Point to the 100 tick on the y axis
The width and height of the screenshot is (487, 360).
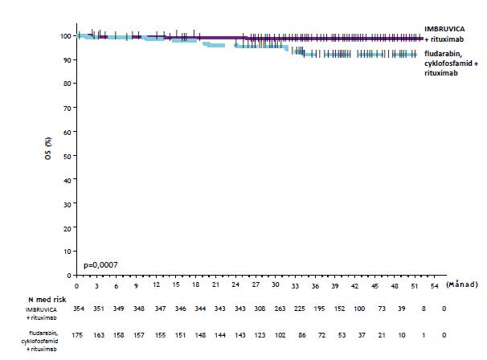point(63,36)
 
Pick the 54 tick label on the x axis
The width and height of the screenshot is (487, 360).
point(435,286)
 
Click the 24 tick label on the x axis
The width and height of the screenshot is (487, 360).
point(235,286)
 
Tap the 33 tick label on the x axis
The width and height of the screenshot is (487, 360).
point(296,286)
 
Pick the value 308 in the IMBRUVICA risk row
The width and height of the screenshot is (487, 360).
point(256,310)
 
